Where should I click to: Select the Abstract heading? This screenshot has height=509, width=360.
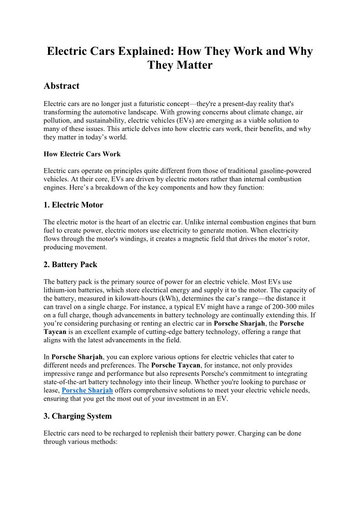[61, 86]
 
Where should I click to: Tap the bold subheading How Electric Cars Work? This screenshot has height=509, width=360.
[82, 154]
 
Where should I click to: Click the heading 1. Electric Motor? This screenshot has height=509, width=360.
[73, 205]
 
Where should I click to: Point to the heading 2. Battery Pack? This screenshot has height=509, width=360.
[70, 264]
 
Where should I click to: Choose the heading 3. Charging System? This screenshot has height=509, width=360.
[78, 416]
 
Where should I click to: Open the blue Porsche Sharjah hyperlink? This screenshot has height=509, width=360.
[87, 390]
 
